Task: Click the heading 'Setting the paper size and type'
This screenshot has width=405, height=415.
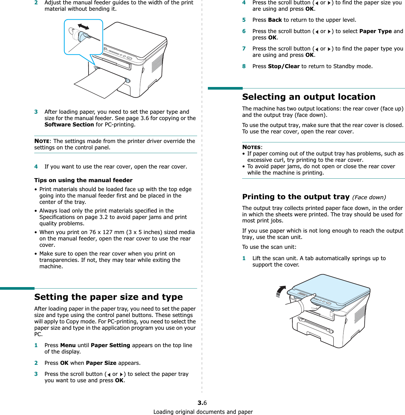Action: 109,297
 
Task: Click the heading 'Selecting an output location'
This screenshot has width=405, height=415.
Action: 309,97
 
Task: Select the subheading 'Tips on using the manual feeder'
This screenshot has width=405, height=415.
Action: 83,180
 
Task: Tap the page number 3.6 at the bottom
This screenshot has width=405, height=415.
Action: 202,403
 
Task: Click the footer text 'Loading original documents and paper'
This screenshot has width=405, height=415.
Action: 203,412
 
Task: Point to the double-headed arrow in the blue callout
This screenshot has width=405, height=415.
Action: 84,27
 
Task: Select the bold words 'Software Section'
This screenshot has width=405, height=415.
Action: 69,125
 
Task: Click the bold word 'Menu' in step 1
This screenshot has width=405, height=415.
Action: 68,345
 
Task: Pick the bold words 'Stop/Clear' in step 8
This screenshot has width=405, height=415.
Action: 284,66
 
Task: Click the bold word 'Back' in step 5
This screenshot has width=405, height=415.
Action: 275,20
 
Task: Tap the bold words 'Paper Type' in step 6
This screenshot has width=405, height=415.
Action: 375,31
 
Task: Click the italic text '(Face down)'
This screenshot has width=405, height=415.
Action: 369,197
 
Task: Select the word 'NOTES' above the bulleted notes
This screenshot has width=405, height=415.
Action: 251,147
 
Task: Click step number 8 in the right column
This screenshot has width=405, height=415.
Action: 244,66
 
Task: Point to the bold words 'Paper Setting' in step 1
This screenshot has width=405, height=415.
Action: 110,345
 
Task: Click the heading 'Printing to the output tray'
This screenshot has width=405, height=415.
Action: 296,197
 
